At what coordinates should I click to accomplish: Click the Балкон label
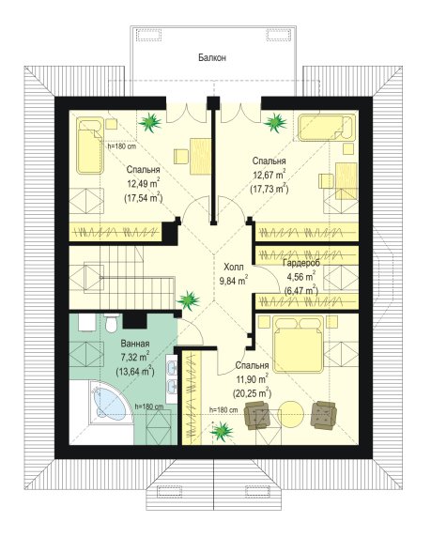tap(212, 57)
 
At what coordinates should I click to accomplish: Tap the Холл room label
tap(233, 267)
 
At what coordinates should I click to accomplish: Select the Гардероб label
tap(301, 263)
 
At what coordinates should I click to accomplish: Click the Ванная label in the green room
tap(135, 344)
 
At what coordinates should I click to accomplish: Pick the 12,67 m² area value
tap(269, 175)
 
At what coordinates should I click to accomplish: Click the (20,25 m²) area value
tap(253, 392)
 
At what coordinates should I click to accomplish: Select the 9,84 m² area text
tap(233, 280)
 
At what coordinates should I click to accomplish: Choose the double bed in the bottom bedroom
tap(299, 344)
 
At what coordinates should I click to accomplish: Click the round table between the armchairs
tap(290, 414)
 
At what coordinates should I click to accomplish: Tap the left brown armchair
tap(256, 415)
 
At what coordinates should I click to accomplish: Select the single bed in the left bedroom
tap(90, 146)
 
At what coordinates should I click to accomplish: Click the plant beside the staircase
tap(188, 300)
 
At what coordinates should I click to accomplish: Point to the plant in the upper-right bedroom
tap(275, 122)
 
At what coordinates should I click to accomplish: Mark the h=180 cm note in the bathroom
tap(149, 407)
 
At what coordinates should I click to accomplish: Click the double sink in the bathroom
tap(172, 378)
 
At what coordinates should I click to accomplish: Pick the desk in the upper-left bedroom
tap(200, 156)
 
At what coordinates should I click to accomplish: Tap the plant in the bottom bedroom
tap(222, 431)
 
